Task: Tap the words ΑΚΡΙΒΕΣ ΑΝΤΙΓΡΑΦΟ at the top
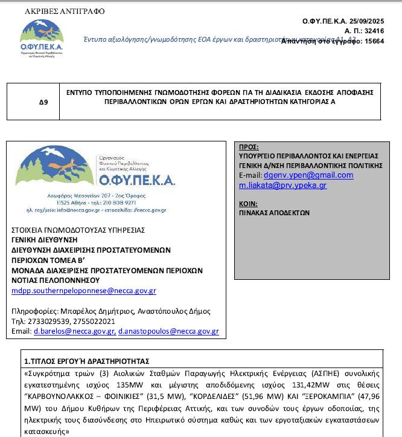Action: click(65, 11)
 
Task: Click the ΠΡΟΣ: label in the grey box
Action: click(249, 147)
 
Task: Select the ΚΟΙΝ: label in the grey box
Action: click(248, 204)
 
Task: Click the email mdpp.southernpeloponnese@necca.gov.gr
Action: click(84, 291)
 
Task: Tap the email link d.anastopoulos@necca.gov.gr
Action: click(168, 332)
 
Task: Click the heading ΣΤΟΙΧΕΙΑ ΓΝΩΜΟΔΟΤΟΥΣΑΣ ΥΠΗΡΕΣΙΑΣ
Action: click(78, 230)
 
